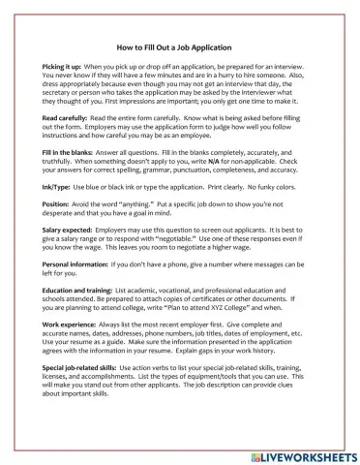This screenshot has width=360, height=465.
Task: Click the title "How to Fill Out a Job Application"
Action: click(179, 46)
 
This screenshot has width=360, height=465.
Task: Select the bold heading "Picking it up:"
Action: click(67, 64)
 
